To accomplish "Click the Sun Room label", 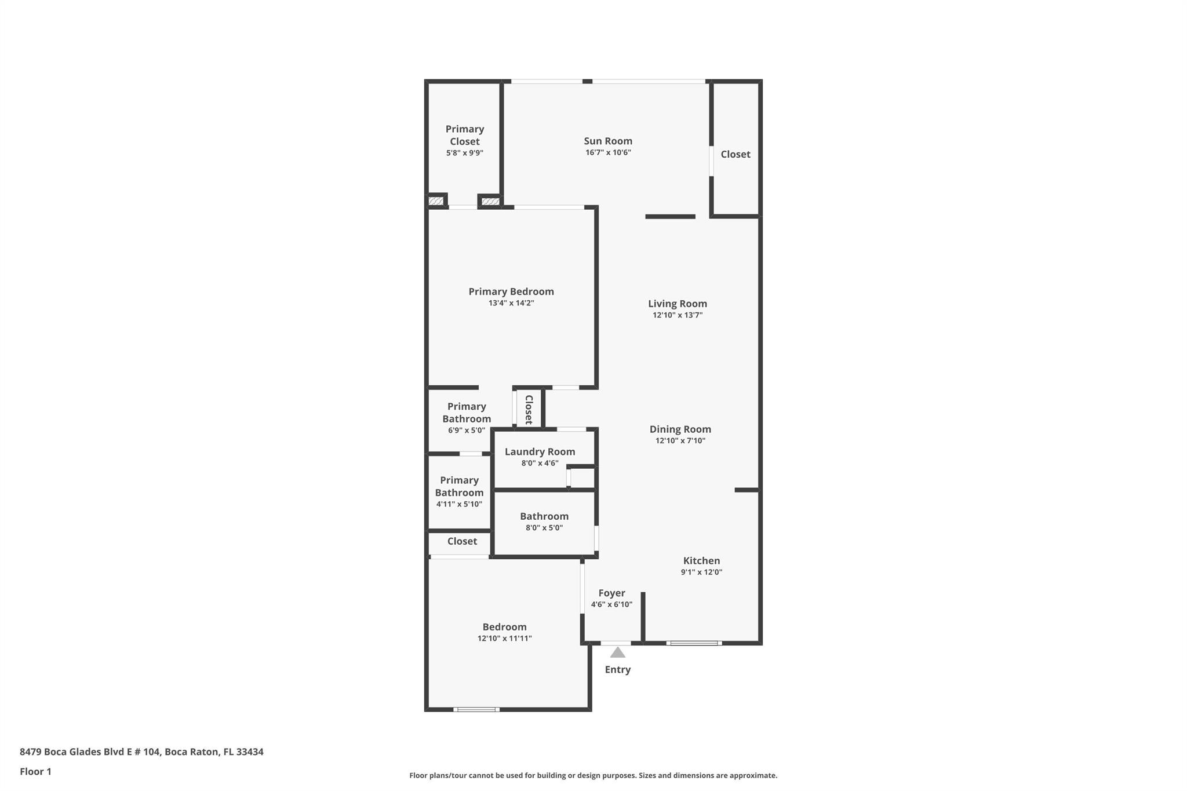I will tap(607, 141).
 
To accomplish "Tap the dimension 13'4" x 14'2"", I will tap(511, 303).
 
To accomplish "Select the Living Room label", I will tap(677, 304).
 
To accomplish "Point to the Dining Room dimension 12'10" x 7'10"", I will tap(680, 441).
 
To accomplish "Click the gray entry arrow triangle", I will tap(617, 653).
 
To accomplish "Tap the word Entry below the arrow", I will tap(617, 669).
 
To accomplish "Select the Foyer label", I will tap(611, 593).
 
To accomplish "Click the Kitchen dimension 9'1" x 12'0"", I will tap(701, 573).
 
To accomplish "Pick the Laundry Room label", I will tap(540, 452).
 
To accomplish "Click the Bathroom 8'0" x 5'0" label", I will tap(544, 516).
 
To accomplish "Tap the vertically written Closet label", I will tap(529, 410).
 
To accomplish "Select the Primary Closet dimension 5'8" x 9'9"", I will tap(464, 154).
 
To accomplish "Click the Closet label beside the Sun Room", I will tap(735, 154).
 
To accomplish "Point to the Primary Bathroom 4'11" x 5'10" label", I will tap(459, 486).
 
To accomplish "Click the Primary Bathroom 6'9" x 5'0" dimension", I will tap(466, 431).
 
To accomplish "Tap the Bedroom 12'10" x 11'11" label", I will tap(504, 627).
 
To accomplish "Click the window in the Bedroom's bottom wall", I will tap(476, 709).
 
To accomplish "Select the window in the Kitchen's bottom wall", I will tap(693, 643).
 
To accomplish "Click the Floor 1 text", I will tap(35, 772).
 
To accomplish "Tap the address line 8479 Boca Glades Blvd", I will tap(141, 752).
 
